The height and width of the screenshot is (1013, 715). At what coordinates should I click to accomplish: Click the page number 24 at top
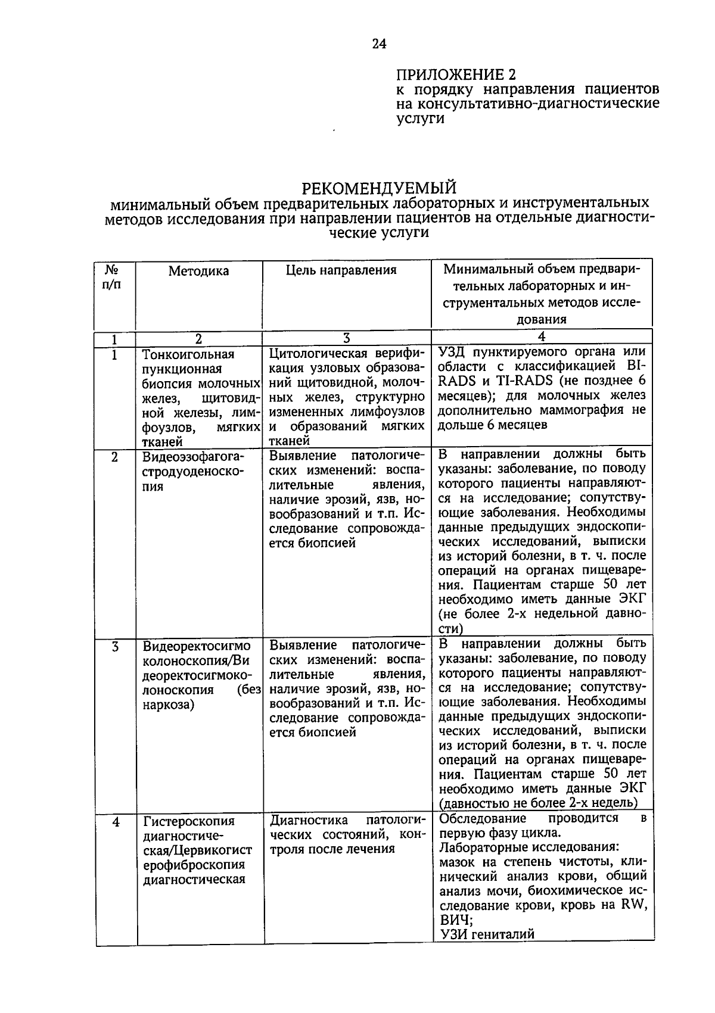[x=379, y=44]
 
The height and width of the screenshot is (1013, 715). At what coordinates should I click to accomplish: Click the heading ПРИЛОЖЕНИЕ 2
[x=456, y=74]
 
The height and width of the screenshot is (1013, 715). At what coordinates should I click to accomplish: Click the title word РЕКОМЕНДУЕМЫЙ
[x=379, y=188]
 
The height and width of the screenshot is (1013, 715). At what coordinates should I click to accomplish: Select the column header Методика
[x=198, y=272]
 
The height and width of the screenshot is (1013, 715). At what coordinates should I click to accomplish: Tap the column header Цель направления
[x=341, y=270]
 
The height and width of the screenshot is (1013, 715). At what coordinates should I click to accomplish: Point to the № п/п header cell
[x=112, y=277]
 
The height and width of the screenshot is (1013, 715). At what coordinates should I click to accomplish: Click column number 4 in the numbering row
[x=541, y=337]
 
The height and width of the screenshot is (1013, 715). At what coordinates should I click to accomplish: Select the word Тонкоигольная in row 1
[x=188, y=354]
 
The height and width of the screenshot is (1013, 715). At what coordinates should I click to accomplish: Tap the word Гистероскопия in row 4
[x=189, y=821]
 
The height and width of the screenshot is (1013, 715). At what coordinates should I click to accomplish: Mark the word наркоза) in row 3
[x=169, y=705]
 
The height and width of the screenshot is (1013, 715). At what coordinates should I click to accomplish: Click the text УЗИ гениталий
[x=487, y=934]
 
